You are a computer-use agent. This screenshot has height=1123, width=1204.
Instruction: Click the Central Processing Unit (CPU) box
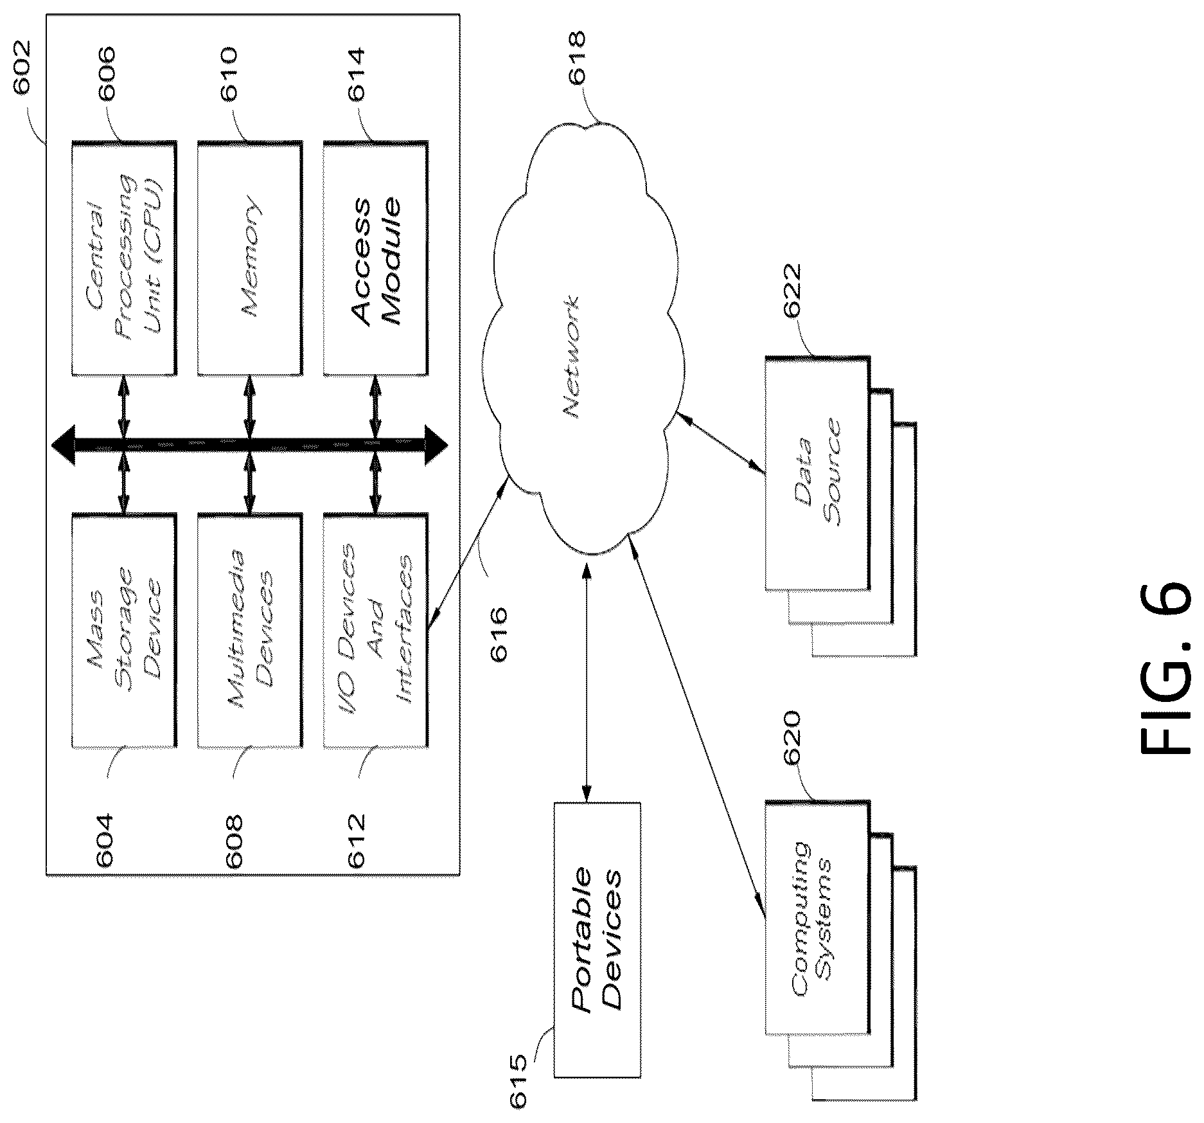point(123,258)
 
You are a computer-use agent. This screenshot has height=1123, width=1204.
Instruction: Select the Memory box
point(249,258)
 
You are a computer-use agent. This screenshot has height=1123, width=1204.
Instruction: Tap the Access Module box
point(375,258)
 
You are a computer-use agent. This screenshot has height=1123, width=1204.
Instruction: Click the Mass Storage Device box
point(123,631)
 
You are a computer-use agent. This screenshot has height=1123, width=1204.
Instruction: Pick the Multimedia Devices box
point(249,631)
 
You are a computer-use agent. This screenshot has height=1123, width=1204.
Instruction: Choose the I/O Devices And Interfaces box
point(375,631)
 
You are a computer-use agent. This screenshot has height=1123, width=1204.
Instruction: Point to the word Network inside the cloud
point(571,357)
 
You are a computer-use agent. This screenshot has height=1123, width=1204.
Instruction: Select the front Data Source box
point(818,473)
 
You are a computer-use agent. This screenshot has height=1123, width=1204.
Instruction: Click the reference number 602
point(22,67)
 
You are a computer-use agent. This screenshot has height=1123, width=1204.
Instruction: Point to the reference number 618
point(576,57)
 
